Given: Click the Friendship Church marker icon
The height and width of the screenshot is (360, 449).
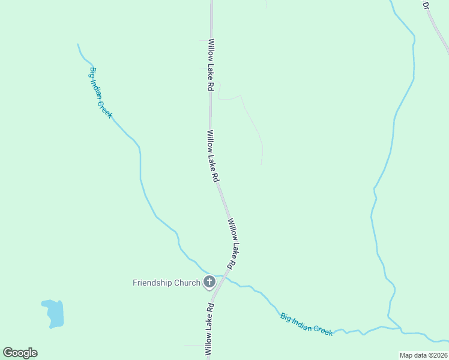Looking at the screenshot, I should (x=209, y=281).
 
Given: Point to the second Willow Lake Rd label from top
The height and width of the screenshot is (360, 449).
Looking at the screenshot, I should (x=212, y=156).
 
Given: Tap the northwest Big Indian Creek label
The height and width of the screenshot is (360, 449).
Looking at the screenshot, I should (x=101, y=92).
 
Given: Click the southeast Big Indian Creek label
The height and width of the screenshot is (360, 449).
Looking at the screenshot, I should (x=306, y=323).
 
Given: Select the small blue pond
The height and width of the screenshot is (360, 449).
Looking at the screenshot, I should (x=53, y=313).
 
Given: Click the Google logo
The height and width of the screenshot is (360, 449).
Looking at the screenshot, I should (x=20, y=353).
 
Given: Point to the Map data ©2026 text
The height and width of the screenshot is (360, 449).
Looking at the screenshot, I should (x=424, y=355).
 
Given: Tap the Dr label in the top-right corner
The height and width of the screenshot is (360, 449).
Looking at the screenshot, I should (x=426, y=5).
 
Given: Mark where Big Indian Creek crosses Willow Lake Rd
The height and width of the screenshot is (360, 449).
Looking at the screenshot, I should (x=221, y=277).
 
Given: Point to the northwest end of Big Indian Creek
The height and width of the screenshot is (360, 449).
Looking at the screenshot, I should (x=78, y=44).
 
